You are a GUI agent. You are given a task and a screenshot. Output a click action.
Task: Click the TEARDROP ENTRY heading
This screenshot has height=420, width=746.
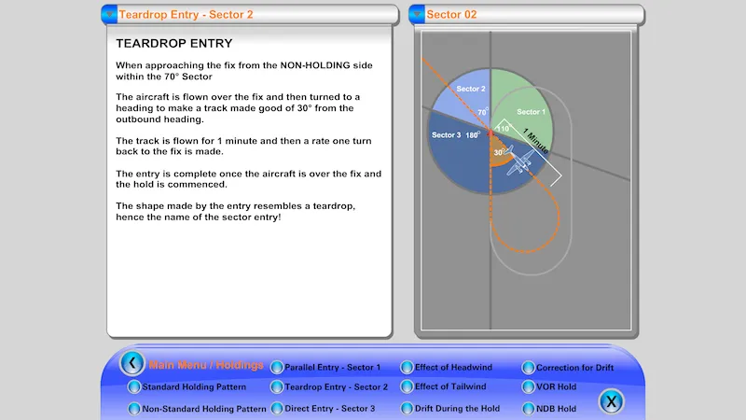click(173, 44)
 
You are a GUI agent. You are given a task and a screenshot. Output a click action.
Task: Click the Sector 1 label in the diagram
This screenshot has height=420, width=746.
click(531, 112)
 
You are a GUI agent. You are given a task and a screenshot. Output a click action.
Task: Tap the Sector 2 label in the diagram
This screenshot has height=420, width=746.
click(470, 90)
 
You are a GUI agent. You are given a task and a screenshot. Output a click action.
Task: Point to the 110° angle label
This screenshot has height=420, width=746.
click(503, 129)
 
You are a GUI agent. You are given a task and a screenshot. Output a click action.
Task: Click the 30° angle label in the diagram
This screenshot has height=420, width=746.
click(499, 152)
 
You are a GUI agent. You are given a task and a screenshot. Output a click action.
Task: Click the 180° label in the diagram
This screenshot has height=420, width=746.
click(473, 135)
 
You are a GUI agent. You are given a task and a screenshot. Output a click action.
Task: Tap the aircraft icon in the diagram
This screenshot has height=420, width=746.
click(521, 164)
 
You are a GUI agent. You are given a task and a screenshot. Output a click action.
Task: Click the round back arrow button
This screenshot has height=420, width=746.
click(132, 363)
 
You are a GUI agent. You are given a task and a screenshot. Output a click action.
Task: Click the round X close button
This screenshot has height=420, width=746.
click(611, 402)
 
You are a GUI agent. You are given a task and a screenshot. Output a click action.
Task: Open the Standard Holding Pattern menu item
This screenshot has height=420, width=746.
click(193, 386)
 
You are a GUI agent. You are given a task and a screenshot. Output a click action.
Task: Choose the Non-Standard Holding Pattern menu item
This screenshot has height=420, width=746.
click(203, 409)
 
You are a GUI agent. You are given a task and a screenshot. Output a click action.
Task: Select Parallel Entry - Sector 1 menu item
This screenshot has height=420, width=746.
click(332, 368)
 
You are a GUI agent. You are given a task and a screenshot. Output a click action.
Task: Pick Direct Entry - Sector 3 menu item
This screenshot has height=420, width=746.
click(329, 409)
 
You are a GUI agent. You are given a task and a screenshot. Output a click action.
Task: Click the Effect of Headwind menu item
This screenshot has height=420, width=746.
click(453, 368)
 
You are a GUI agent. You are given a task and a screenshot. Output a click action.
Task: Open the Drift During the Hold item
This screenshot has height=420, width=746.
click(457, 409)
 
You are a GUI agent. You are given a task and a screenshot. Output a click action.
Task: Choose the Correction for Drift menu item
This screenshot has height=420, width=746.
click(575, 368)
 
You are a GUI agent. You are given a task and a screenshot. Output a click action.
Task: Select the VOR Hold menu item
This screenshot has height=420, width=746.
click(557, 386)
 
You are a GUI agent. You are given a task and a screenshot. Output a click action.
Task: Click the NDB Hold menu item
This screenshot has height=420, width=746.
click(557, 409)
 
